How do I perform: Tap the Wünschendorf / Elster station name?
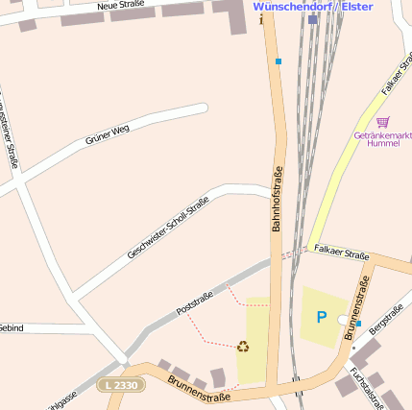[312, 6]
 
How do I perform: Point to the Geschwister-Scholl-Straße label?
[168, 228]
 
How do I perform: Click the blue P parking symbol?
[321, 317]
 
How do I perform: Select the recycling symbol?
[244, 346]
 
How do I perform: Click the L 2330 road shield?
[119, 384]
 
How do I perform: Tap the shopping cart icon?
[383, 123]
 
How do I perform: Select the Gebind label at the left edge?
[11, 327]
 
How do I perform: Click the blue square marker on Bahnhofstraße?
[279, 61]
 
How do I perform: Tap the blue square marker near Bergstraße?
[358, 324]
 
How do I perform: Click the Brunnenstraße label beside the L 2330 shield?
[199, 388]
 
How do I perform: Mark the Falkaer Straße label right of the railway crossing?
[341, 253]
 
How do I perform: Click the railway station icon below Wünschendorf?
[312, 18]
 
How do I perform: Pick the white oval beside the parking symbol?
[344, 320]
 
